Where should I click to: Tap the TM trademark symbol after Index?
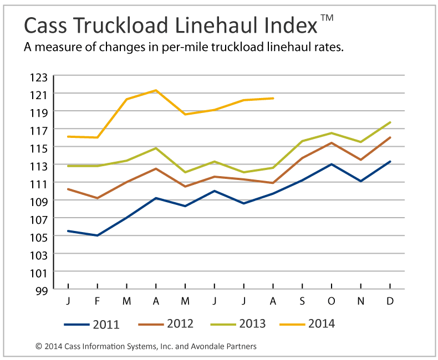pos(327,18)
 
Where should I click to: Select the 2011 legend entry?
pos(91,324)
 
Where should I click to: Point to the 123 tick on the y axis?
pos(42,76)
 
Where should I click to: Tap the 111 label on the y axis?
pos(42,183)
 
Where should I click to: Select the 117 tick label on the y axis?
pos(42,130)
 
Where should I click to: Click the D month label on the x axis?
pos(390,301)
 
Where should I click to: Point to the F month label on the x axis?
pos(98,301)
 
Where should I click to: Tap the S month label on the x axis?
pos(302,301)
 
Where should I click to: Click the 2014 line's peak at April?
pos(156,90)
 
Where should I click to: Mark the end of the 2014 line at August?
pos(273,98)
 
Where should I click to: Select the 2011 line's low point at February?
pos(98,235)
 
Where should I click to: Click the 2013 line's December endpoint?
pos(390,122)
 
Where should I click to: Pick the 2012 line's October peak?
pos(331,143)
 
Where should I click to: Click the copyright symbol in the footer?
pos(39,347)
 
